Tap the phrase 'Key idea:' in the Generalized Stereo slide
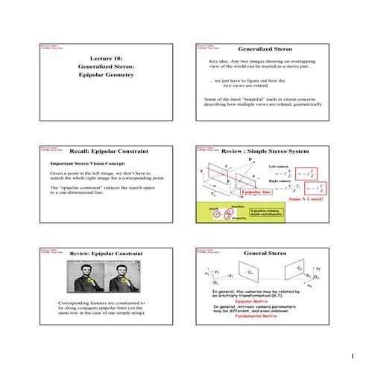220,61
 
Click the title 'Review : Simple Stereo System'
265,151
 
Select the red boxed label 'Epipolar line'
256,192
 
